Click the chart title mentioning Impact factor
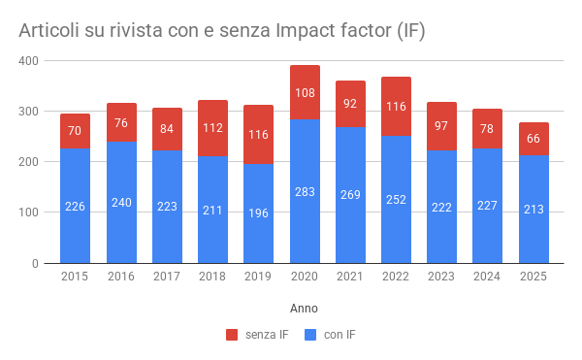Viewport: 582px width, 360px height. coord(221,31)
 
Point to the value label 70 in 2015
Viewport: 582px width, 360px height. coord(76,130)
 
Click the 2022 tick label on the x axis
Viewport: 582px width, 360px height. coord(396,277)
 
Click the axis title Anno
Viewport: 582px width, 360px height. coord(304,308)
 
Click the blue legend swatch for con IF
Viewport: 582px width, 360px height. coord(311,335)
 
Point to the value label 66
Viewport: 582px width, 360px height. coord(533,138)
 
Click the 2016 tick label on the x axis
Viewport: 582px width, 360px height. coord(121,277)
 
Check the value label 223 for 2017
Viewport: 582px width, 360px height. coord(167,207)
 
